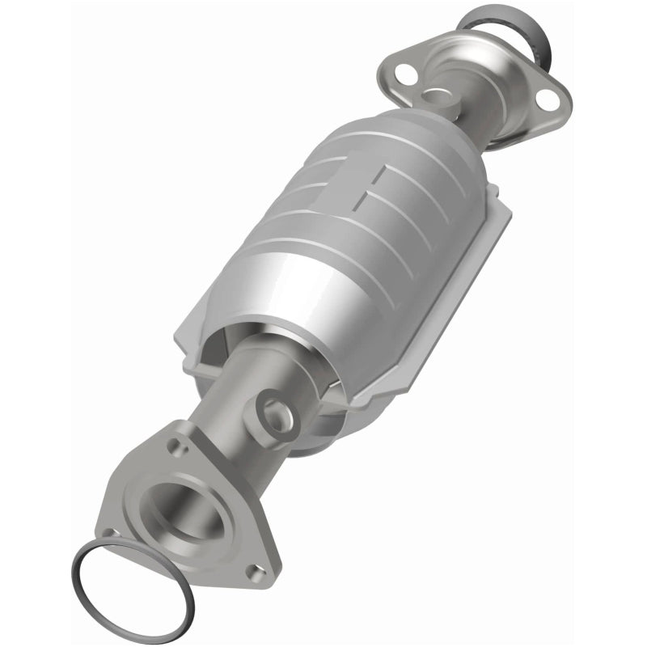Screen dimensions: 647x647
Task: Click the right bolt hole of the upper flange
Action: coord(550,102)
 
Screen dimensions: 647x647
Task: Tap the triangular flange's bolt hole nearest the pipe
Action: coord(175,442)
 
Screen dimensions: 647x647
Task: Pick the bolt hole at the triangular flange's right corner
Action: coord(257,570)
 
